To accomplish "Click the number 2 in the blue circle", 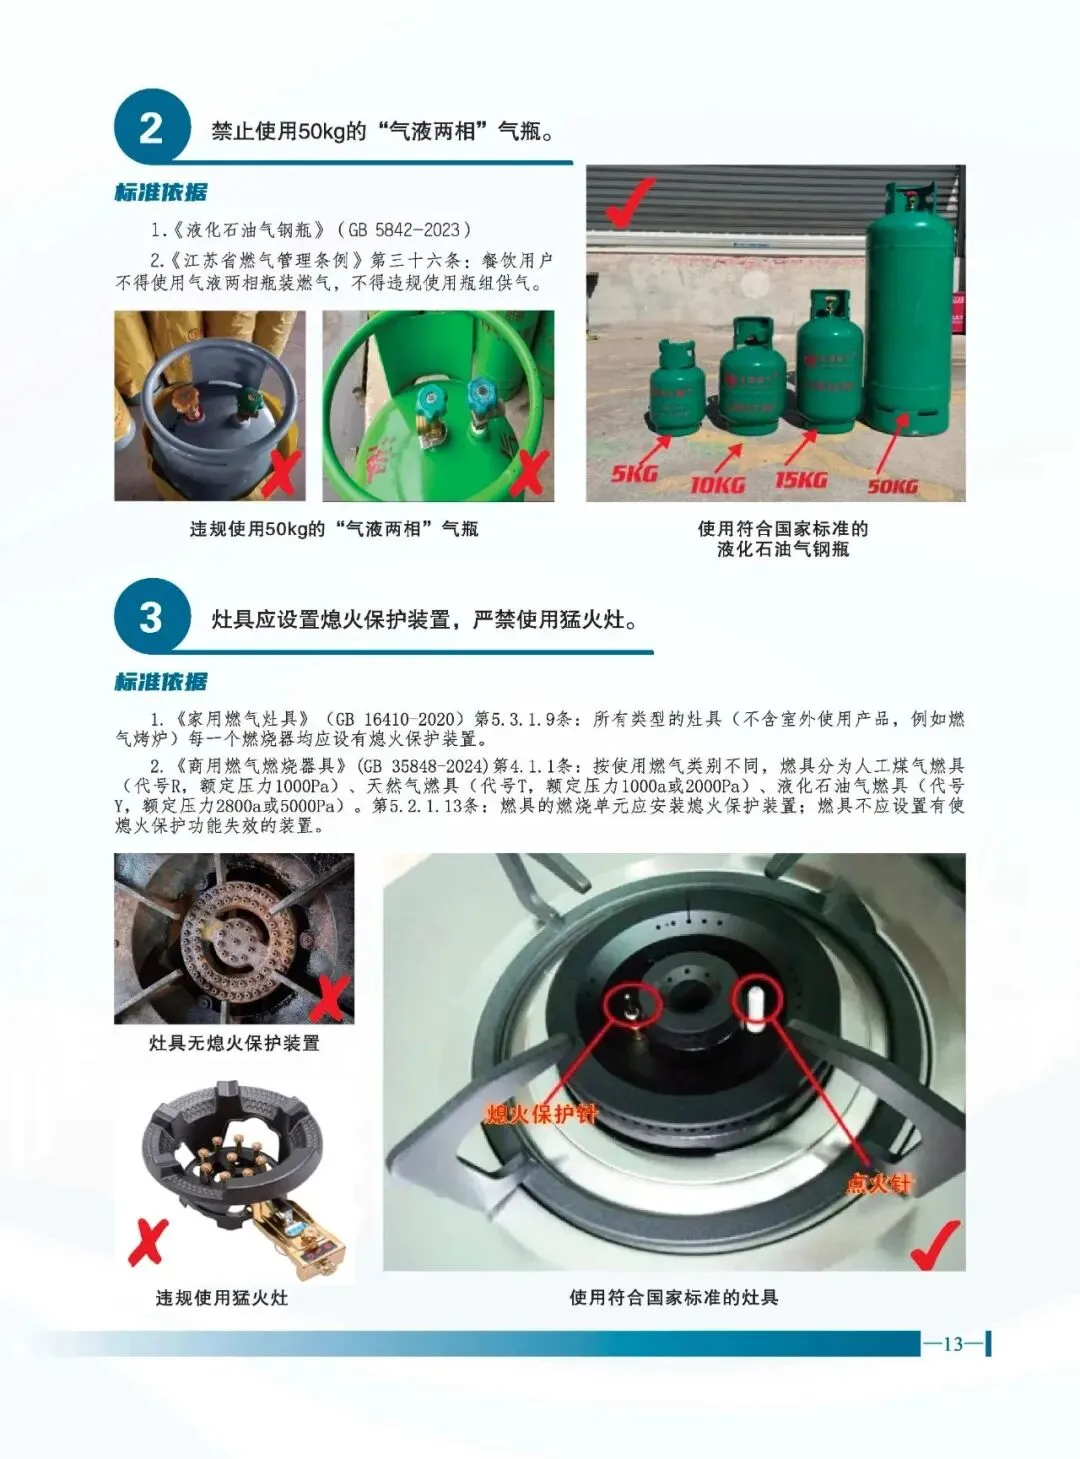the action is [x=151, y=128].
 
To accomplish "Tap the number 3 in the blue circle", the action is [x=151, y=617].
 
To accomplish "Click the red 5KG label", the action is [x=634, y=472].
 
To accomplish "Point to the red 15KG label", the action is [x=801, y=480].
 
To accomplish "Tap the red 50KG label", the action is [x=892, y=486].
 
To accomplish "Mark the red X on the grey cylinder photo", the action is [x=282, y=473].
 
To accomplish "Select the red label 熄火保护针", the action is [x=541, y=1113].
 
